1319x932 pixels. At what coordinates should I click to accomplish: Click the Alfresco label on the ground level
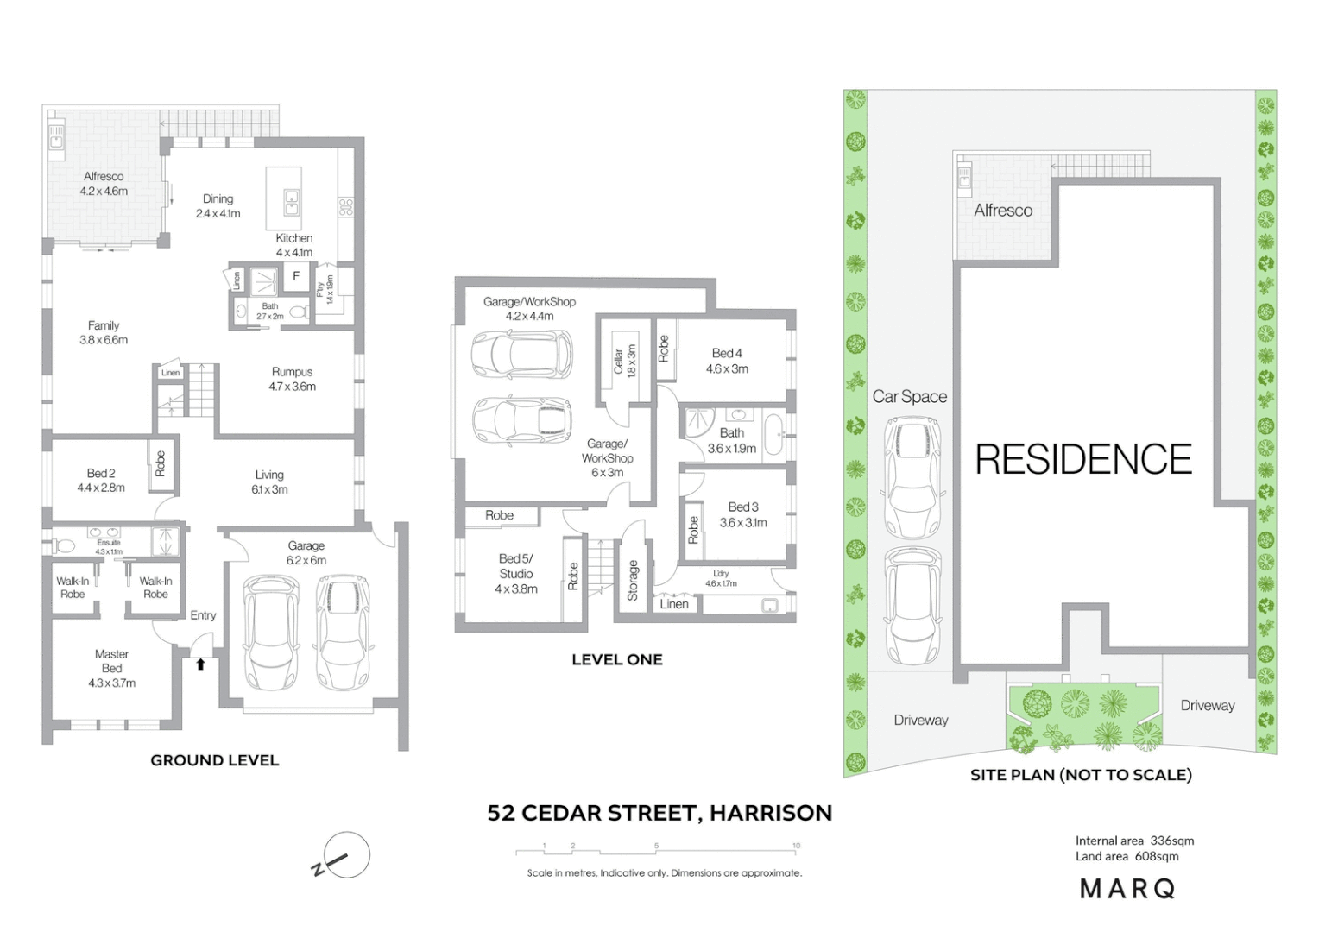(x=104, y=183)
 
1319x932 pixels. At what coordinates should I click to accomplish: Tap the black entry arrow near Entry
(x=200, y=664)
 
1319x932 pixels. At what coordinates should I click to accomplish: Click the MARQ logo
(x=1127, y=888)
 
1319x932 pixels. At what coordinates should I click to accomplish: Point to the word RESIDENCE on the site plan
(x=1082, y=459)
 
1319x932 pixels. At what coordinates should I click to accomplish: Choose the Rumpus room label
(x=292, y=379)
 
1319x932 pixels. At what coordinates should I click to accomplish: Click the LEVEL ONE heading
(x=616, y=659)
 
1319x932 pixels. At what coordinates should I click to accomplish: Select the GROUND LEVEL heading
(x=214, y=760)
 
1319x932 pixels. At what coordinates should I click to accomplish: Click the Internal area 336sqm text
(x=1134, y=841)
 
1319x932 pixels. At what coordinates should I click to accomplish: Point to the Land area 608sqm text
(x=1127, y=856)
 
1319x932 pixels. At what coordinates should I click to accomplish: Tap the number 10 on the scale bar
(x=796, y=846)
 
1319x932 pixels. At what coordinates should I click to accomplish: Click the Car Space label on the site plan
(x=909, y=397)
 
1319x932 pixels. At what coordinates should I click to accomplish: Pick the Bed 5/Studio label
(x=515, y=573)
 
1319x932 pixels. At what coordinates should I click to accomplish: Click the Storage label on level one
(x=633, y=580)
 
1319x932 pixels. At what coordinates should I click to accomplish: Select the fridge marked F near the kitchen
(x=296, y=276)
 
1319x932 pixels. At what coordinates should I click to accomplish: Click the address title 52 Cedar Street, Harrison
(x=659, y=813)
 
